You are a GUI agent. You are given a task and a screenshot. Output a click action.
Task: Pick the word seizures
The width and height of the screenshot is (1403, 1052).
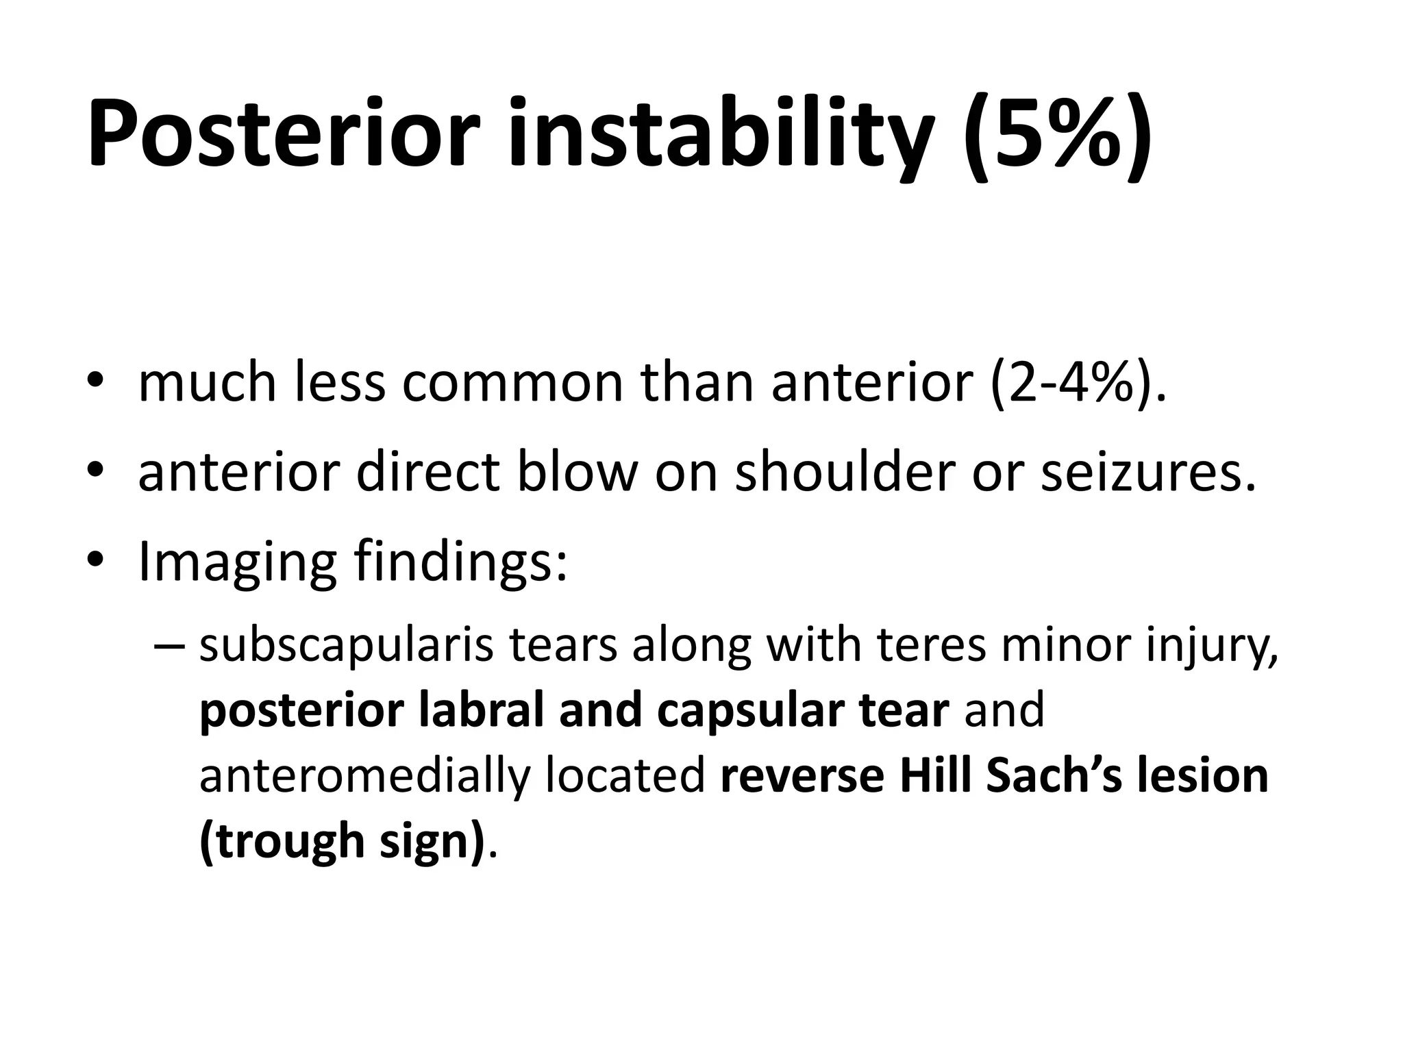pos(1148,473)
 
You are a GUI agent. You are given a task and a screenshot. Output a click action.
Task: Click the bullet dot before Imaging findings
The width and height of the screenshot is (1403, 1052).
pos(95,560)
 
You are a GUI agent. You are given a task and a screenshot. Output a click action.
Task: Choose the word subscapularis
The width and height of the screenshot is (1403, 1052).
pos(346,647)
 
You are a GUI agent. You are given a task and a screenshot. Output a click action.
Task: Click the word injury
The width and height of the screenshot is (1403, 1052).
pos(1212,647)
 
